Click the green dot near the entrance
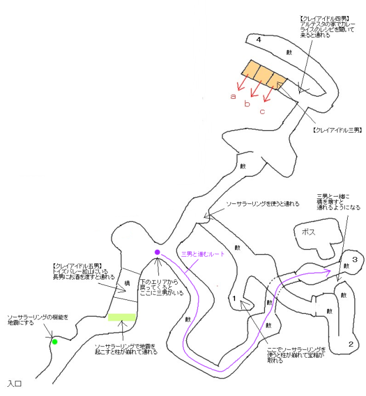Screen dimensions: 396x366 (55, 342)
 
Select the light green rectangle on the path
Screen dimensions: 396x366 (122, 317)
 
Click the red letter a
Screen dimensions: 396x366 (233, 97)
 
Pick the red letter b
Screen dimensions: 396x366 (247, 104)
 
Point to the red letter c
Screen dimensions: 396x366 (262, 111)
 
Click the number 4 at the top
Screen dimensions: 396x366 (259, 39)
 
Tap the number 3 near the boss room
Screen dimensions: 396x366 (354, 260)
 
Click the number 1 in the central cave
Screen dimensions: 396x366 (234, 298)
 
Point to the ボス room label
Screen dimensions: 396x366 (308, 232)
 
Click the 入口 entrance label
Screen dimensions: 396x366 (15, 383)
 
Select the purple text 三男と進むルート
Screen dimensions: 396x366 (203, 254)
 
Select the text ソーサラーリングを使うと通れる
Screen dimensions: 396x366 (262, 204)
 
